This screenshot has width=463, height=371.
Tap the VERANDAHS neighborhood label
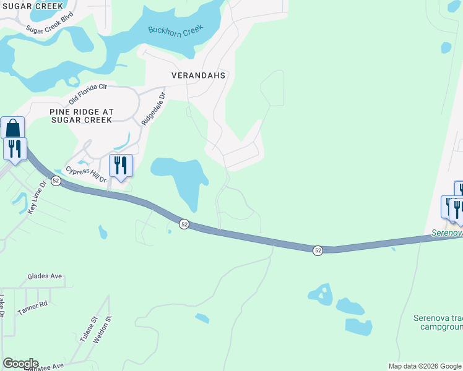pos(198,75)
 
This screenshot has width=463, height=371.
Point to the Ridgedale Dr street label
pos(154,109)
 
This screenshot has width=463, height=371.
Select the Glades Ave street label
pos(45,276)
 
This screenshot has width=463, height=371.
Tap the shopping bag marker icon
pos(12,129)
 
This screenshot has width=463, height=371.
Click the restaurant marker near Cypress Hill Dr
pos(121,166)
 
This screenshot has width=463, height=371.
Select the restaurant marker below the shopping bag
pos(15,149)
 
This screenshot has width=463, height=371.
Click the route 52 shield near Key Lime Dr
pos(56,181)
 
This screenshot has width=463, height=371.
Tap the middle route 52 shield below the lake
pos(184,224)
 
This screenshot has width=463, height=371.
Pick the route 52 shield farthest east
pos(318,250)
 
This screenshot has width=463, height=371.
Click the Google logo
pos(20,364)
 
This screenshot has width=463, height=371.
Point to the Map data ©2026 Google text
pos(424,366)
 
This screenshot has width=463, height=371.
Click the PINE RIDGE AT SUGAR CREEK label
pos(81,115)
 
